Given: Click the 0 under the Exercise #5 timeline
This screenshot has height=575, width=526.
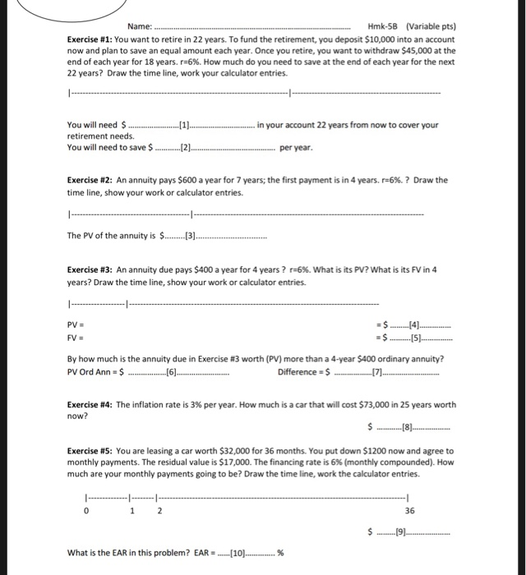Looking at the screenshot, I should (x=85, y=509).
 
